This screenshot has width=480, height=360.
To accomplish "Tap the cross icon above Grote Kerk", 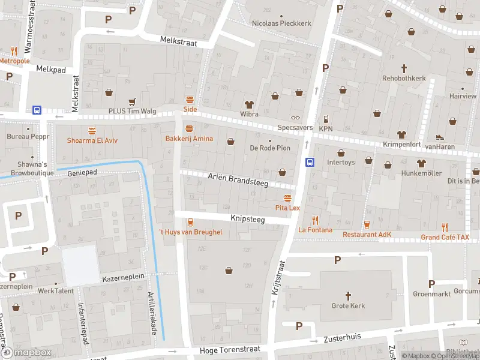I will coord(348,295).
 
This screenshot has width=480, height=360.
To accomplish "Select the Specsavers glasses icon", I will coord(295,118).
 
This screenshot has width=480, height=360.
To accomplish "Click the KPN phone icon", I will coord(325,119).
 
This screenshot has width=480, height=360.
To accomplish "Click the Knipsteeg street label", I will coord(247,220).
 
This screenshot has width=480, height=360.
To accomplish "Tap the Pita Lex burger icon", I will coord(287,197).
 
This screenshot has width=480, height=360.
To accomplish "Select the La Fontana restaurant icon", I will coord(311,220).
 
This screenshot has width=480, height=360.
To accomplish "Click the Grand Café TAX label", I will coord(445,237).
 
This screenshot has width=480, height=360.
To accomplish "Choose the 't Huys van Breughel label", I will coord(190,232).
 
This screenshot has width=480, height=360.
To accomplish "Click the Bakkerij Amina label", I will coord(190,139).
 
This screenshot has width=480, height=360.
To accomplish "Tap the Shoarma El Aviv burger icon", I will coord(92,130).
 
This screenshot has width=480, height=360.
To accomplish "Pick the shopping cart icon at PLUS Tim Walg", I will coord(131,101).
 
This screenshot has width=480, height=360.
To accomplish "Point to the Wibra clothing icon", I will coord(249,104).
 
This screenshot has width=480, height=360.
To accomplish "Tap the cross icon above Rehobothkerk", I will coord(404,68).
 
